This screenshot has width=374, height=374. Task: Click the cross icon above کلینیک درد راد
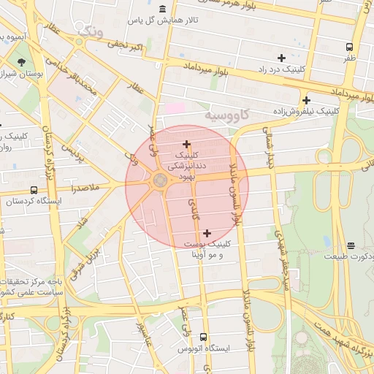click(x=281, y=58)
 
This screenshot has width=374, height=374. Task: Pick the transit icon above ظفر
click(x=350, y=47)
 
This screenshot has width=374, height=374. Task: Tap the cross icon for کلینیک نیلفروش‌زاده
click(x=306, y=100)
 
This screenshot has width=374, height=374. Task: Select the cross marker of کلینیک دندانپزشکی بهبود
click(x=186, y=144)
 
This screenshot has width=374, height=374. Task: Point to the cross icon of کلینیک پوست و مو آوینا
click(x=207, y=232)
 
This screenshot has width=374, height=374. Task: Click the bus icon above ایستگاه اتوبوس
click(x=203, y=337)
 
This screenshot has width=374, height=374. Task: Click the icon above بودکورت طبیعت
click(x=351, y=245)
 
